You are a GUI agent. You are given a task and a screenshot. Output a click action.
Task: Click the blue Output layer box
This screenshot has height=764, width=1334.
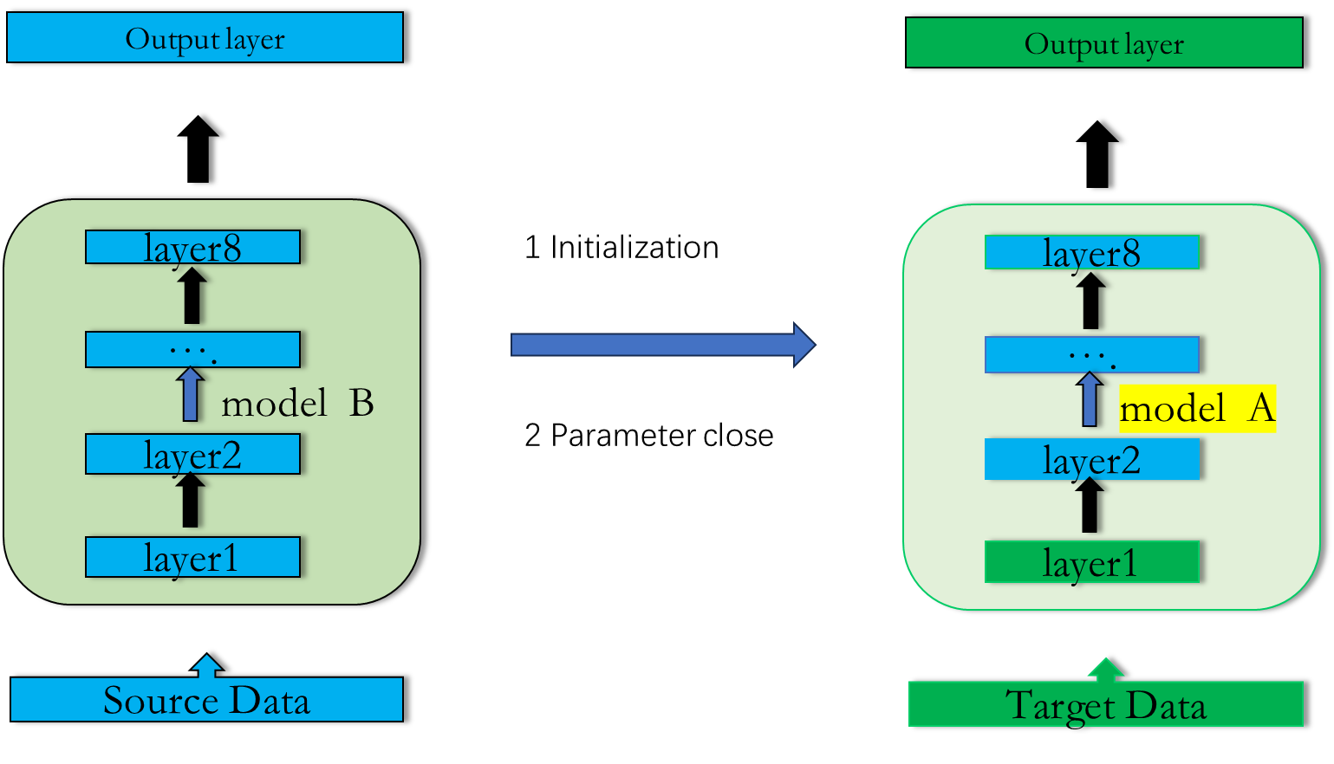pyautogui.click(x=205, y=37)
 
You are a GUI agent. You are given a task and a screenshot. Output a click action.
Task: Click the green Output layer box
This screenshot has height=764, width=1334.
pyautogui.click(x=1103, y=42)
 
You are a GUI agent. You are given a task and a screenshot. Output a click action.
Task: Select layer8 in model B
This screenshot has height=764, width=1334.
pyautogui.click(x=192, y=247)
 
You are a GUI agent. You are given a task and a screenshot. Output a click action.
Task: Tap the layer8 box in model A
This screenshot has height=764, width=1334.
pyautogui.click(x=1091, y=252)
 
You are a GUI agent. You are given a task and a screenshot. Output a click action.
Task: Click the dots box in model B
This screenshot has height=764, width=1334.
pyautogui.click(x=192, y=349)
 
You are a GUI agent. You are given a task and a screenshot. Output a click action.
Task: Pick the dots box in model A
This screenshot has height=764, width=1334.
pyautogui.click(x=1091, y=354)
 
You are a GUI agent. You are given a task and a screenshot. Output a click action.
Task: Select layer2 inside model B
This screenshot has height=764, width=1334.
pyautogui.click(x=192, y=454)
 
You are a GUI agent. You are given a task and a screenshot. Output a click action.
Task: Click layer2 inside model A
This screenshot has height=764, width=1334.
pyautogui.click(x=1091, y=459)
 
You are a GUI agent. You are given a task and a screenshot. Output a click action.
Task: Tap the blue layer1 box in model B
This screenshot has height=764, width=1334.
pyautogui.click(x=192, y=557)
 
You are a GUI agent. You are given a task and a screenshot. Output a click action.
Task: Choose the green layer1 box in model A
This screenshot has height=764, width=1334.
pyautogui.click(x=1091, y=562)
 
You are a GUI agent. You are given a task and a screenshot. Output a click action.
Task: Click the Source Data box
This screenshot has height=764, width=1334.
pyautogui.click(x=206, y=700)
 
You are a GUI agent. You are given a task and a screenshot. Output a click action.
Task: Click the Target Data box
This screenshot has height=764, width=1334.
pyautogui.click(x=1105, y=704)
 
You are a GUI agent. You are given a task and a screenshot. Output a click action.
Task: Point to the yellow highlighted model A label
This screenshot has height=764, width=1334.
pyautogui.click(x=1197, y=408)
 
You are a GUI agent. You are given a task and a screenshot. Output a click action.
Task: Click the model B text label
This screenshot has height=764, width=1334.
pyautogui.click(x=296, y=404)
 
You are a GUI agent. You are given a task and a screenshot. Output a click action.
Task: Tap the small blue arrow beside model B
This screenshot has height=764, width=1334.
pyautogui.click(x=191, y=395)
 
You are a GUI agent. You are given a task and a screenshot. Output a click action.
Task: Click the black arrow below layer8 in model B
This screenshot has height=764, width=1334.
pyautogui.click(x=192, y=296)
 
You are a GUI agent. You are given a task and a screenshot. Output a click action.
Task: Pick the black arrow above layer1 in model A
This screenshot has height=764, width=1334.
pyautogui.click(x=1090, y=506)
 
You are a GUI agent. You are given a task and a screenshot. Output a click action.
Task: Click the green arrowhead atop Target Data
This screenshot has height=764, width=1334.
pyautogui.click(x=1105, y=669)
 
